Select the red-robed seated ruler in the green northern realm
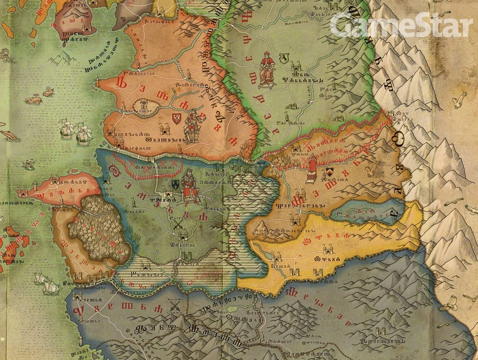266,70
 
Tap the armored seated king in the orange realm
193,125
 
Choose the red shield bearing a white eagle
176,118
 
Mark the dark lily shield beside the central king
174,185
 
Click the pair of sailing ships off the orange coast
76,132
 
